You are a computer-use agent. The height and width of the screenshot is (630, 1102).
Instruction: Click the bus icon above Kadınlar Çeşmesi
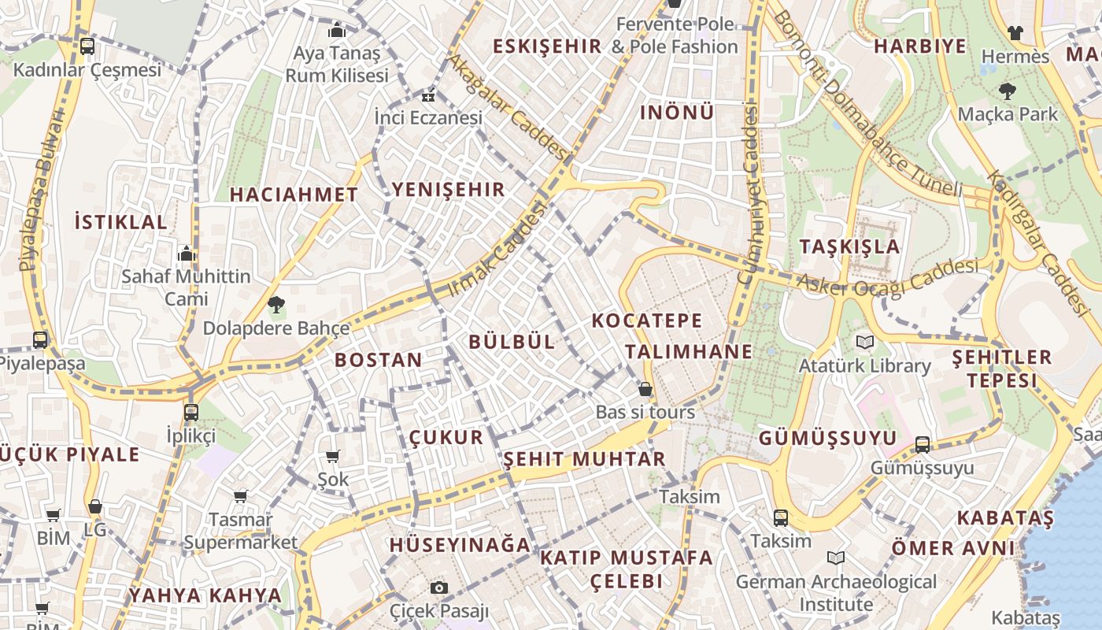pos(87,46)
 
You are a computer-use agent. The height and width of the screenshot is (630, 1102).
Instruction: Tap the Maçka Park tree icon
pos(1007,91)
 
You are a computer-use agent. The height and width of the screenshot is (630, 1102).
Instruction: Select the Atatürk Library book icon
pos(864,343)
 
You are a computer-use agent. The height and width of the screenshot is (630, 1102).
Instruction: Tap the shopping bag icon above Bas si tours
pos(645,389)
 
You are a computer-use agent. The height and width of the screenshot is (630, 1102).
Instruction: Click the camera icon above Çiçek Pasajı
pos(439,587)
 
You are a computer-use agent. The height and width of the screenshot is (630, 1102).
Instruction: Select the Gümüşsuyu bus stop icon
pos(923,445)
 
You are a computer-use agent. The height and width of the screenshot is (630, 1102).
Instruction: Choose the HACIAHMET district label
pos(294,195)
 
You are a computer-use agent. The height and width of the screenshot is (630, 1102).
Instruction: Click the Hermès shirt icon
pos(1015,33)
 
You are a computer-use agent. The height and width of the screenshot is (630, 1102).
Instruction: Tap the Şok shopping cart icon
pos(332,456)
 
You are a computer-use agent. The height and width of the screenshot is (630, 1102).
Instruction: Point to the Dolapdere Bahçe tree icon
pos(275,304)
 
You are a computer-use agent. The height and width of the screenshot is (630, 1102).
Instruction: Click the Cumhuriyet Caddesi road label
pos(749,193)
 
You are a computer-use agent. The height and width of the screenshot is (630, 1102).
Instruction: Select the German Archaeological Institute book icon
pos(836,558)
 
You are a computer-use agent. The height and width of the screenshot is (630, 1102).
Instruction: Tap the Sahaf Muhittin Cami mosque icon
pos(187,254)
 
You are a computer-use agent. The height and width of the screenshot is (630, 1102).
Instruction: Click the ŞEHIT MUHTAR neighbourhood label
pos(584,459)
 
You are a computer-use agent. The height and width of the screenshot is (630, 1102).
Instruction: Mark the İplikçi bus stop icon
pos(190,412)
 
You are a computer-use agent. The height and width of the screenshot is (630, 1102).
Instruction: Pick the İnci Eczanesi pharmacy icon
pos(427,97)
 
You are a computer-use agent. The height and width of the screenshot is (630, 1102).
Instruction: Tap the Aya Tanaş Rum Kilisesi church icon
pos(337,31)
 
